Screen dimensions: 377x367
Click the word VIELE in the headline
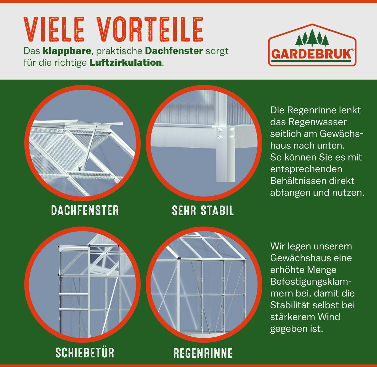(54, 29)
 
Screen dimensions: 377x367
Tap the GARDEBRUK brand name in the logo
(311, 54)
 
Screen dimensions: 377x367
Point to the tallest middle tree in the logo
(312, 37)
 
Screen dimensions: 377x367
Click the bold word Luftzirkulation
(125, 62)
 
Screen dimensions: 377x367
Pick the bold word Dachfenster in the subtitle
(174, 51)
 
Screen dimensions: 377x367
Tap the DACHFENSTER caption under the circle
(85, 210)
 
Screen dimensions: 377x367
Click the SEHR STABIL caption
(203, 210)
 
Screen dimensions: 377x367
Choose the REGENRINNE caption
(203, 353)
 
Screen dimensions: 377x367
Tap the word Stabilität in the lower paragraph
(290, 305)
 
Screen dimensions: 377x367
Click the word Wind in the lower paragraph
(329, 317)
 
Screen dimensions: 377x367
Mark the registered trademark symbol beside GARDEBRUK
(353, 50)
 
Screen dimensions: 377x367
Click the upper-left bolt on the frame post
(219, 130)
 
